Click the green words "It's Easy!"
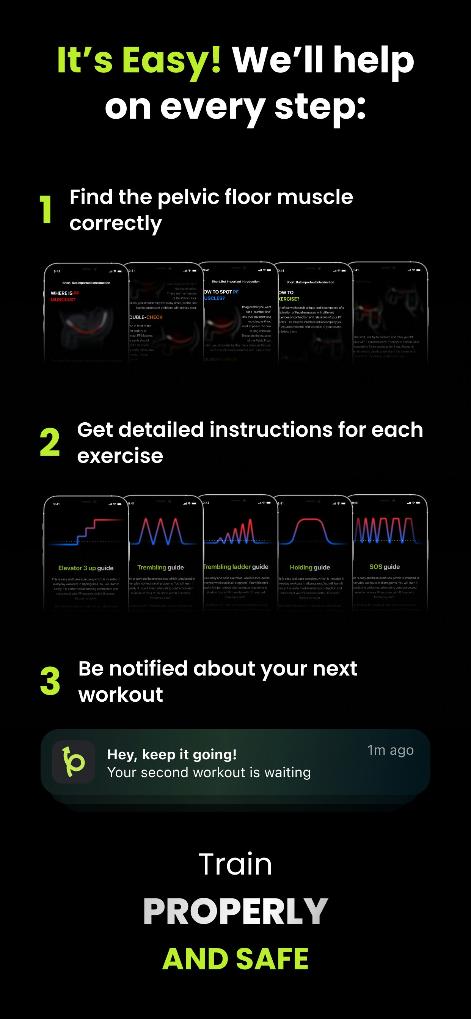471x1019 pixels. click(139, 60)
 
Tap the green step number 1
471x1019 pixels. click(46, 210)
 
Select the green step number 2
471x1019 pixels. click(50, 442)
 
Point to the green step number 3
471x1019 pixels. click(50, 681)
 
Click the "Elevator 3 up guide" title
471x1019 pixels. click(86, 568)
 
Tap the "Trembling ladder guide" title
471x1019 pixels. click(236, 567)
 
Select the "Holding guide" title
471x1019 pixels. click(310, 567)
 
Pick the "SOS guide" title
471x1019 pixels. click(384, 567)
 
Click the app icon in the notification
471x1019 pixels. click(74, 762)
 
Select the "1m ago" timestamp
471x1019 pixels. click(390, 750)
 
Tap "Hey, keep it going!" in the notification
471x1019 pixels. click(172, 754)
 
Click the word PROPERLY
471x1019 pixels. click(235, 911)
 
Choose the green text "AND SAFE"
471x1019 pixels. click(235, 959)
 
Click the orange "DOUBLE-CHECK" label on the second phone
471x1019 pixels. click(146, 317)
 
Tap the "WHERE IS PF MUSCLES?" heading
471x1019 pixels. click(65, 296)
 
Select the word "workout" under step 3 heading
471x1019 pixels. click(121, 695)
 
